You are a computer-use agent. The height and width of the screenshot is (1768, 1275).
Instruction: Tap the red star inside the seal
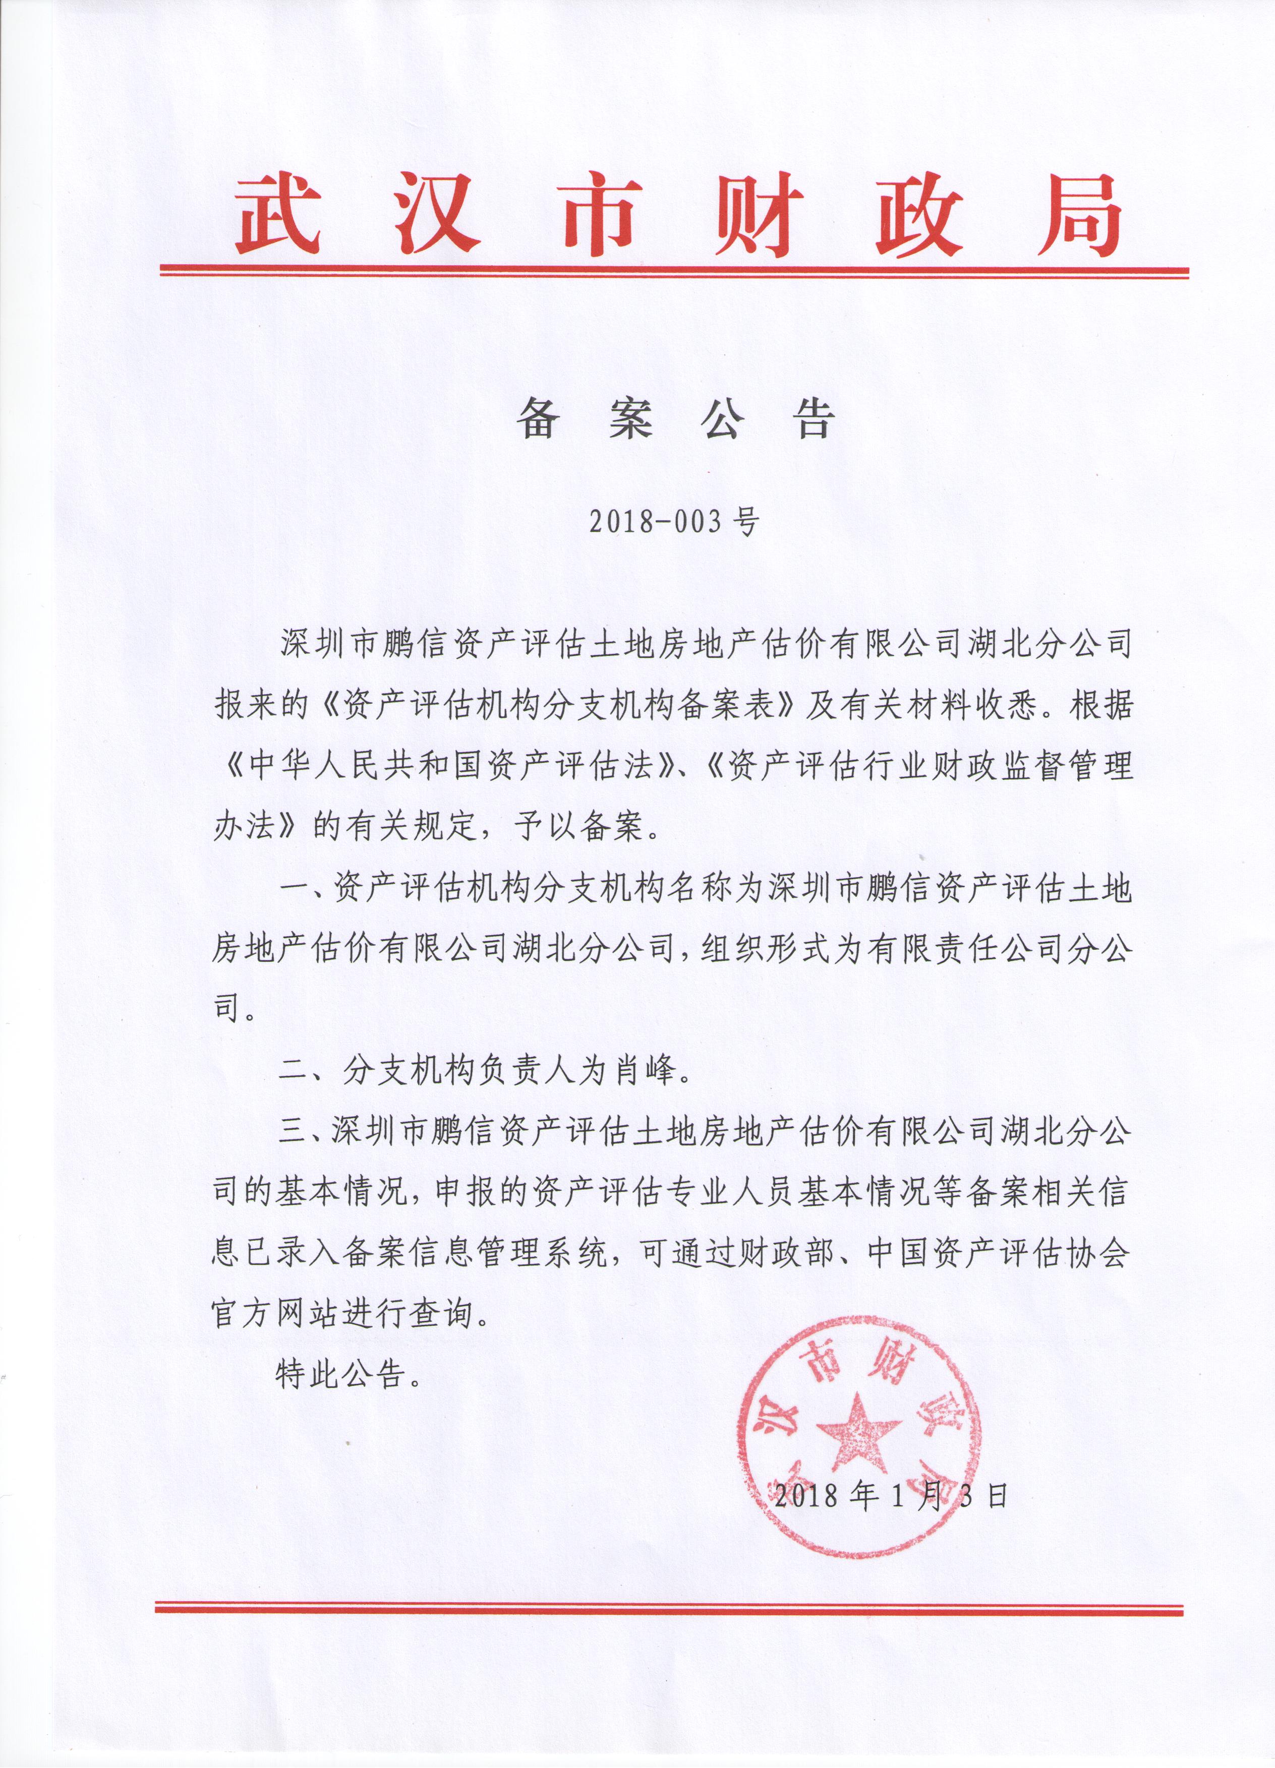(x=858, y=1428)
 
